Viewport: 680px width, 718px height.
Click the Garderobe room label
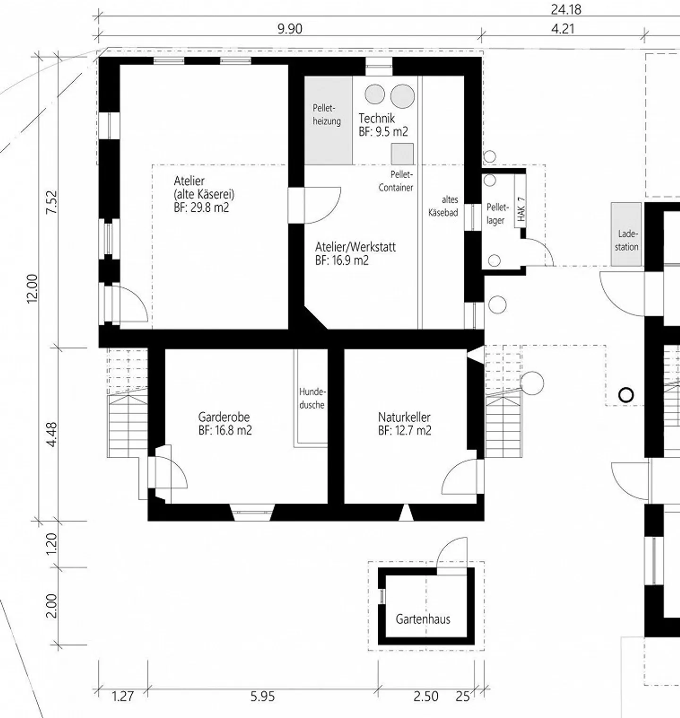point(224,417)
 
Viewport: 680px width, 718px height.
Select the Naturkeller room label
point(404,417)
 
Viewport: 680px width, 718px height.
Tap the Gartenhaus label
point(423,619)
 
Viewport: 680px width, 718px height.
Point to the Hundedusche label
point(312,398)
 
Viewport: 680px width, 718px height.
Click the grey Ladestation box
point(626,234)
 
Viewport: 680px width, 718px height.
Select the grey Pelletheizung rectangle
point(328,120)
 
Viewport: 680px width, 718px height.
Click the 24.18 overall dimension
point(566,9)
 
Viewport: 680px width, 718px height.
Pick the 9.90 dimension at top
point(289,29)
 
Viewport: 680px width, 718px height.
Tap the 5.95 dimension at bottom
point(262,696)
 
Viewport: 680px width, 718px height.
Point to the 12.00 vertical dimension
point(32,288)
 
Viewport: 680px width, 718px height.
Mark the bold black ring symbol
point(626,395)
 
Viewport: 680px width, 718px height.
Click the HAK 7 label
point(521,209)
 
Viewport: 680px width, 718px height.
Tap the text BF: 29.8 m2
point(201,207)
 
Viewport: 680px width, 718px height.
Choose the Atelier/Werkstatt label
point(355,247)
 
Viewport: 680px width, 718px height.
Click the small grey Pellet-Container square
point(402,154)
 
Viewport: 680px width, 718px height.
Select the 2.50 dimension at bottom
point(426,696)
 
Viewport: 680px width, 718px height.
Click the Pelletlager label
point(497,214)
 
